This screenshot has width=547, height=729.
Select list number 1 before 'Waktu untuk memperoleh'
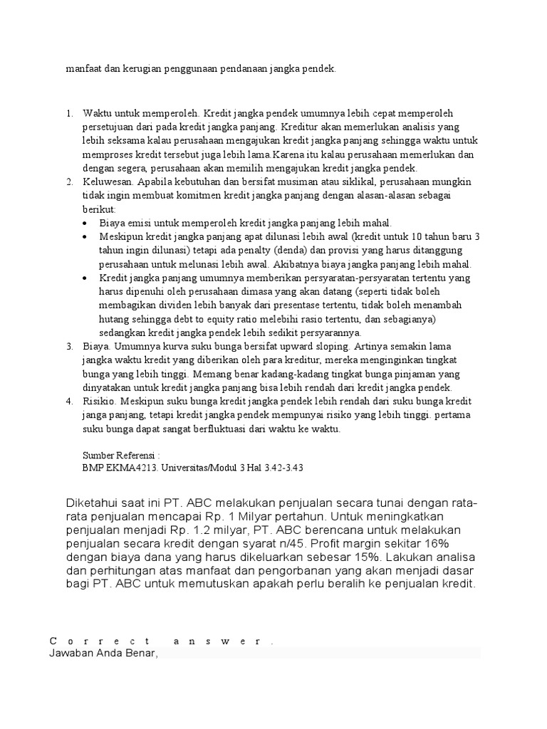click(69, 114)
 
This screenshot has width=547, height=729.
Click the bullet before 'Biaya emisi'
click(86, 223)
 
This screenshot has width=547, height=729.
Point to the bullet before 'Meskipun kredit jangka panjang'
click(86, 236)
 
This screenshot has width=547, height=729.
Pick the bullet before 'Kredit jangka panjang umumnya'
click(86, 278)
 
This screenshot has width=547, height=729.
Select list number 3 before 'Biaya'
click(69, 346)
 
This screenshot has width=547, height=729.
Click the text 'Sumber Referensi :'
click(121, 454)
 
